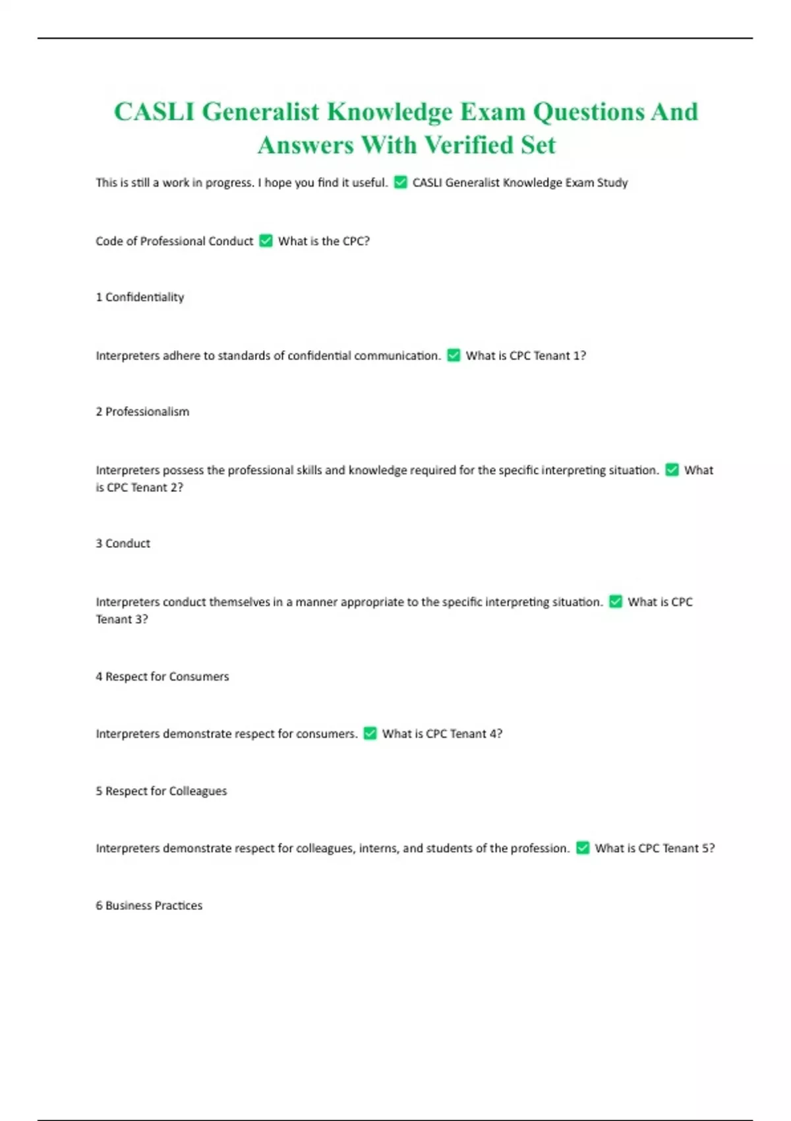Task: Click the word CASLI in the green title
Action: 154,112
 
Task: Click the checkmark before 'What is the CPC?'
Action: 266,241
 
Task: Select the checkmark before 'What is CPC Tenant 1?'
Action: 454,355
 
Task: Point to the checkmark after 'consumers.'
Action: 370,733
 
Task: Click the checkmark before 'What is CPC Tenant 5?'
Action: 583,848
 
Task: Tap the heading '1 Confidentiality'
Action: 140,297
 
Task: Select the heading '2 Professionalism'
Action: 142,411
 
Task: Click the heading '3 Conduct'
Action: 123,543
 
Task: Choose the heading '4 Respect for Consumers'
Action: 162,677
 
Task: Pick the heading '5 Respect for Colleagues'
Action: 161,791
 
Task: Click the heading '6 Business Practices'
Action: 149,905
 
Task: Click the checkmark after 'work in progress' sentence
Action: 400,183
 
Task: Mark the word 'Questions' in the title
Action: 588,112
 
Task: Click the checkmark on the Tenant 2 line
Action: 672,470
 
